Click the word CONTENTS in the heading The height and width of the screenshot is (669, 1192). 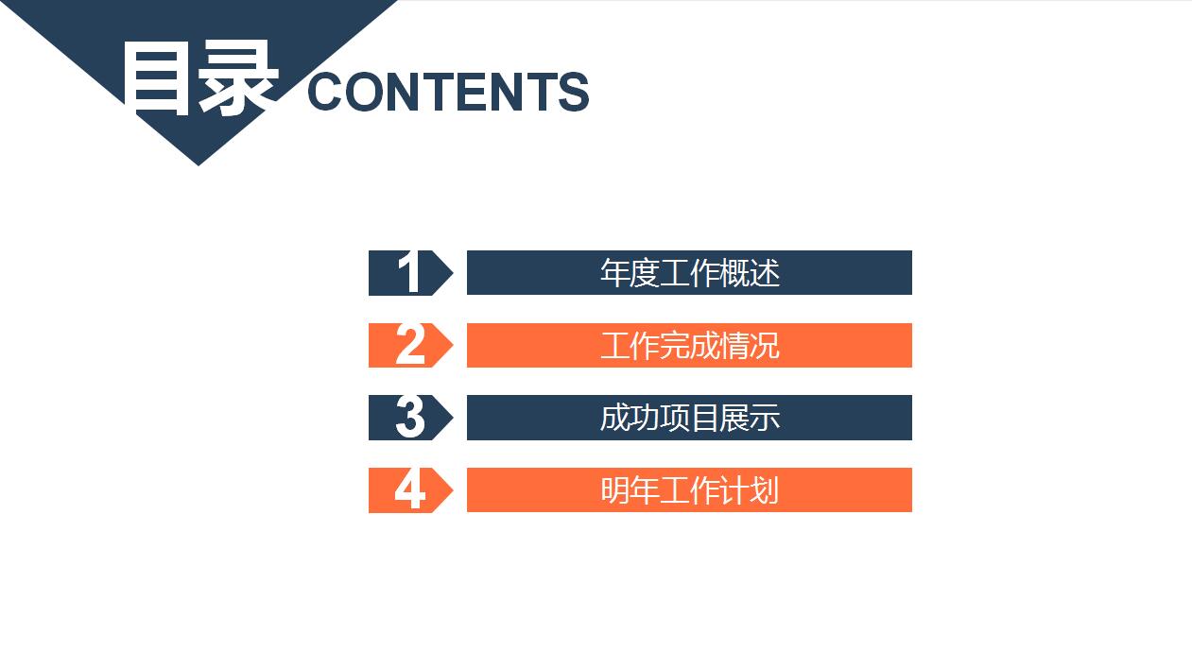tap(448, 93)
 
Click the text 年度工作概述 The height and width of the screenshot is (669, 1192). tap(689, 273)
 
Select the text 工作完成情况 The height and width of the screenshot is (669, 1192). tap(689, 346)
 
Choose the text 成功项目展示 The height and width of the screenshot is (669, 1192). tap(689, 418)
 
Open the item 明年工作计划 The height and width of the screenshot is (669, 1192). tap(689, 490)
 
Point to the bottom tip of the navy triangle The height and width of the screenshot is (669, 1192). tap(199, 163)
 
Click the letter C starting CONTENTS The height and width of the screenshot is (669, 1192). tap(329, 93)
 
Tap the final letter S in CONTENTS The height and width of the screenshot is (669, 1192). tap(573, 93)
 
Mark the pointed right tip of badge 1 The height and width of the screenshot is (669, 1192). tap(451, 273)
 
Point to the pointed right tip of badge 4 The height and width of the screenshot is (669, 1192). tap(451, 490)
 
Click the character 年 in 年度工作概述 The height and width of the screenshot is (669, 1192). tap(614, 273)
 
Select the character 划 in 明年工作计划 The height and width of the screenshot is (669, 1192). tap(765, 490)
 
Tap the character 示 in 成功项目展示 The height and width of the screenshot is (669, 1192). tap(765, 418)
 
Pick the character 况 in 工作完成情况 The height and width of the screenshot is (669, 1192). tap(765, 346)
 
